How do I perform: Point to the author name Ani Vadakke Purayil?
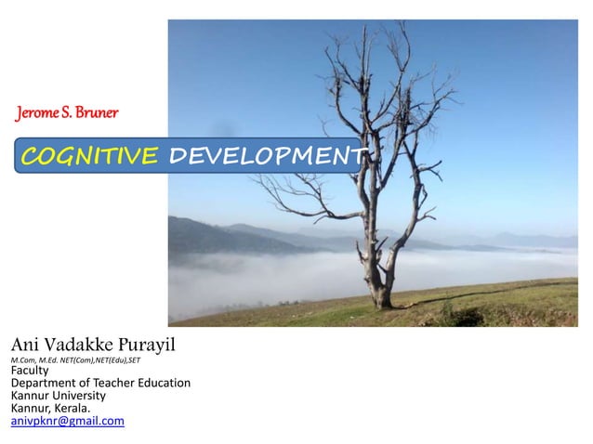click(x=92, y=348)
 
